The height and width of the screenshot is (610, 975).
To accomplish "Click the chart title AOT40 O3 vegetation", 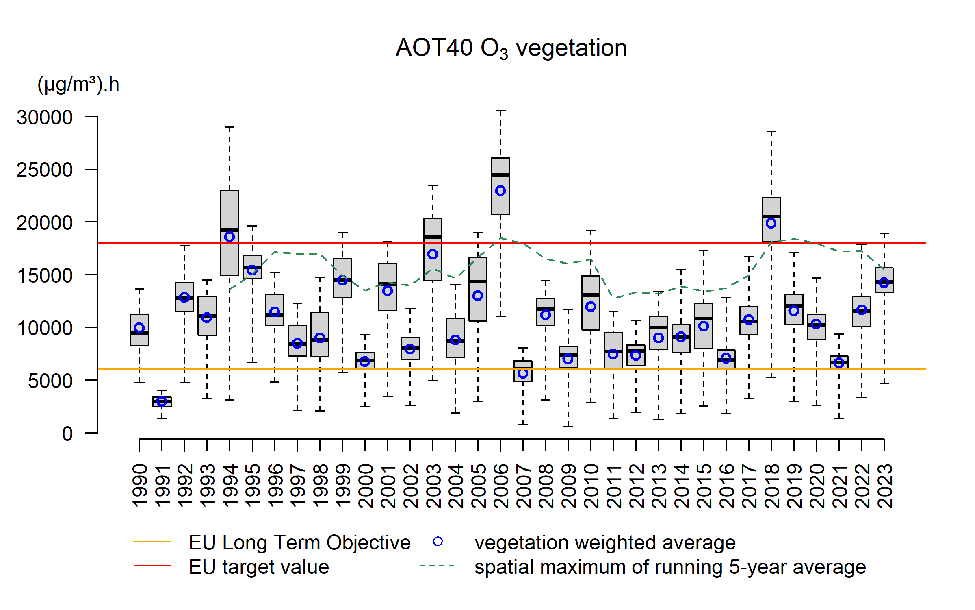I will pos(511,48).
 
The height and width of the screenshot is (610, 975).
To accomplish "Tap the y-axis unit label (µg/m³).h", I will pos(78,85).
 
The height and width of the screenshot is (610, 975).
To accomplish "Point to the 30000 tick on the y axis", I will pos(45,118).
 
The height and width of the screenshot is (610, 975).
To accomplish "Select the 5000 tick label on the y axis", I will pos(50,381).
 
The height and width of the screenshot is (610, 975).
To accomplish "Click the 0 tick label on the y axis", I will pos(67,434).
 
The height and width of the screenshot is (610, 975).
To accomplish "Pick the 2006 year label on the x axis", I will pos(500,486).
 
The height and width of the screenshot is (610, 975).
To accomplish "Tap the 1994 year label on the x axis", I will pos(230,486).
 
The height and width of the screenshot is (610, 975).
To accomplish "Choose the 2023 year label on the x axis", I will pos(884,486).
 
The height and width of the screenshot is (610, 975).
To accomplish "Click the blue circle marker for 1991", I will pos(162,401).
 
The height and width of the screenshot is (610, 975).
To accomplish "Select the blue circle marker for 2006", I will pos(500,191).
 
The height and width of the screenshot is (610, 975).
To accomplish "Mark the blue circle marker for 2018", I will pos(771,223).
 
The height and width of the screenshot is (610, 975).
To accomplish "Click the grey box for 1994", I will pos(230,252).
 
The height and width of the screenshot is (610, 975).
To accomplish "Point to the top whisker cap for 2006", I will pos(500,110).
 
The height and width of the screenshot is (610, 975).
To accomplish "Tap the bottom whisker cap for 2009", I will pos(568,426).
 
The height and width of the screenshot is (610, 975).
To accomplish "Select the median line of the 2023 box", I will pos(884,282).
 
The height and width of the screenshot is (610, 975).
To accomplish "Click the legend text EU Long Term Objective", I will pos(299,542).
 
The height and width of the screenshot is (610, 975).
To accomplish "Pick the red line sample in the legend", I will pos(152,566).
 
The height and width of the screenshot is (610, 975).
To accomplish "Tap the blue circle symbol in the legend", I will pos(438,542).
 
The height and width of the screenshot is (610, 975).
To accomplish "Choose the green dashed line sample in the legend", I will pos(437,566).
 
